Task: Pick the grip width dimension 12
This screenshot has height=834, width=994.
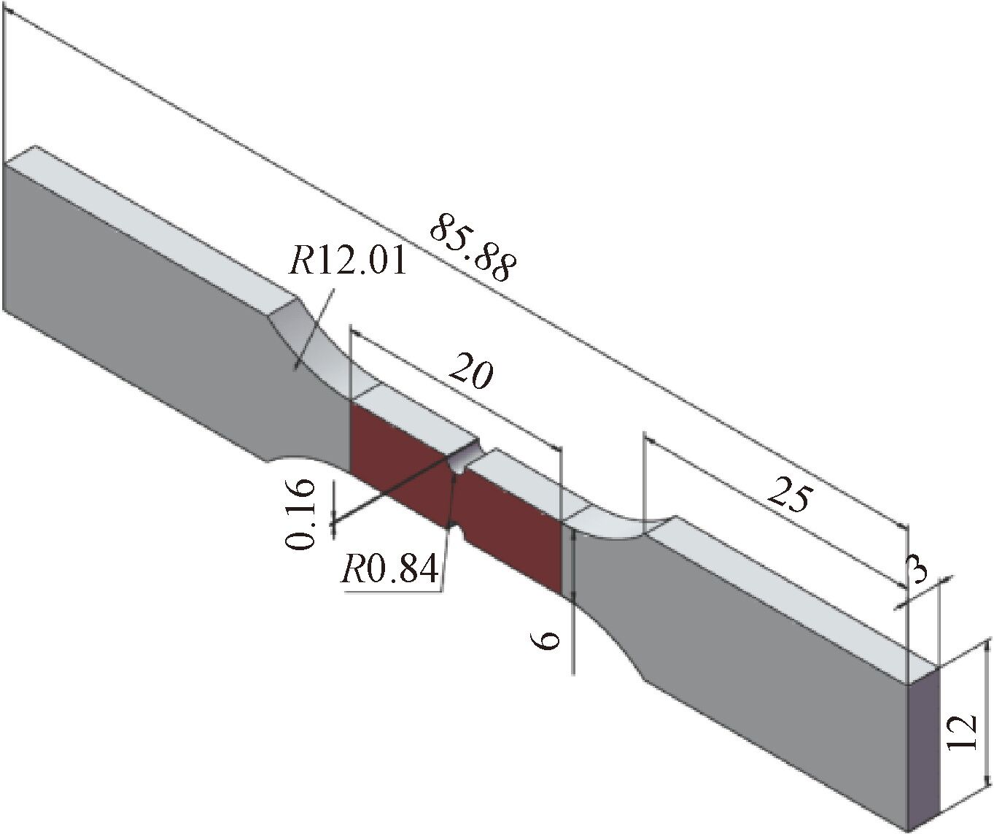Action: click(x=964, y=733)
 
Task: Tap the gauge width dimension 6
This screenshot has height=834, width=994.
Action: click(x=546, y=640)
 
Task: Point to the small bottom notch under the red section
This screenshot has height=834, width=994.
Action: click(x=460, y=533)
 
